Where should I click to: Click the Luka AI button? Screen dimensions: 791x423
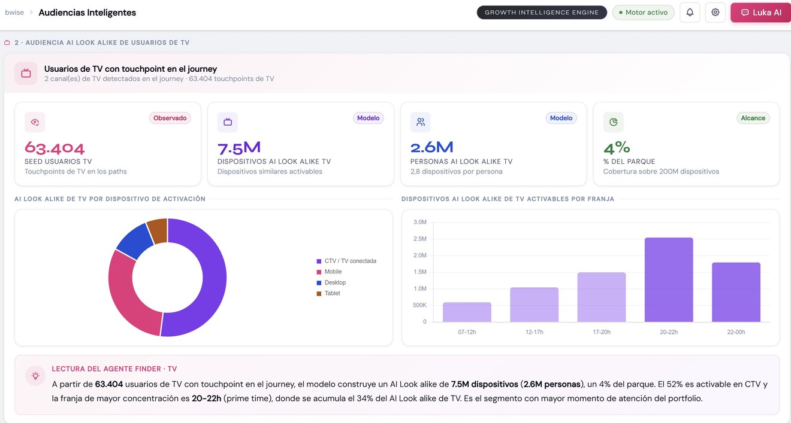click(x=760, y=13)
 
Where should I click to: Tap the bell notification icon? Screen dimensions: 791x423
click(x=690, y=13)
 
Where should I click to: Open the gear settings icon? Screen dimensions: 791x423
click(x=715, y=13)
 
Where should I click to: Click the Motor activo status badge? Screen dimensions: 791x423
click(x=643, y=13)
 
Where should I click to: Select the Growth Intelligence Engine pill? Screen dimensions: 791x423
click(x=542, y=13)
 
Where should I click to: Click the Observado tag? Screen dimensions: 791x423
click(x=170, y=118)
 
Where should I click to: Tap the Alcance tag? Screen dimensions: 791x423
click(x=753, y=118)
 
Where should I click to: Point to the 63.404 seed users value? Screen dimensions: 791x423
click(x=55, y=148)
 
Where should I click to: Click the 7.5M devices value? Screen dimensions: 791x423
click(x=239, y=148)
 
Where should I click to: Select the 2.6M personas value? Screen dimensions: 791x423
click(x=431, y=148)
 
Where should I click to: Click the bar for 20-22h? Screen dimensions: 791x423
click(x=669, y=280)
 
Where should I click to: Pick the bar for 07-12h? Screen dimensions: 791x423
click(x=467, y=312)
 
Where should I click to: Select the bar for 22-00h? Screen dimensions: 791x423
click(x=736, y=292)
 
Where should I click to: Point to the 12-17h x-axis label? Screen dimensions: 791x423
click(x=535, y=332)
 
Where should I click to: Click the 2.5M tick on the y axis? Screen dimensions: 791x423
click(x=420, y=239)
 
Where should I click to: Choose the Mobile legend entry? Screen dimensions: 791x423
click(x=329, y=272)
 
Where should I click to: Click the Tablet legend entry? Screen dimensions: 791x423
click(x=328, y=293)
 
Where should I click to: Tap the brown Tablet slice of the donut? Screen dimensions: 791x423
click(x=158, y=230)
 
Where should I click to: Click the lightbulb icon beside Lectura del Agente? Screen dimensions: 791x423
click(x=35, y=376)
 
